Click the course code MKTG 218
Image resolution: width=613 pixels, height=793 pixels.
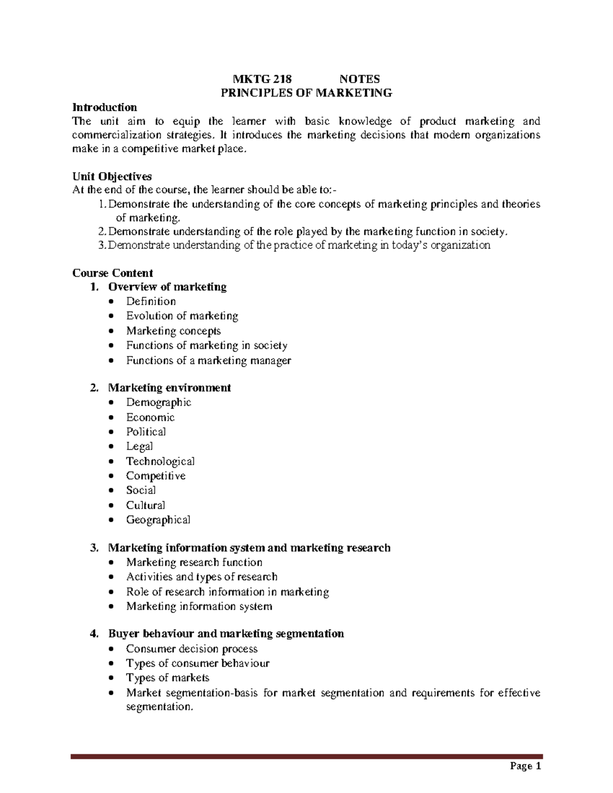(x=262, y=79)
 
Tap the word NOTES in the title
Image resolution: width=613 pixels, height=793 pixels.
(x=360, y=79)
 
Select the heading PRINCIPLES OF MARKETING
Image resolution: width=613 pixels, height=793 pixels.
(x=306, y=93)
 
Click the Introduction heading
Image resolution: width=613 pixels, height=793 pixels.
(x=105, y=107)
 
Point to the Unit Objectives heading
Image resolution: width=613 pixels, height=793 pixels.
(x=112, y=177)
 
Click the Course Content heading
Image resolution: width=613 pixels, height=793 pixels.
(x=112, y=273)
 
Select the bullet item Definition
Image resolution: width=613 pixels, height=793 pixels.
(x=151, y=301)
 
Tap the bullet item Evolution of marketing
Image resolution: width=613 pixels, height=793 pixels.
(x=182, y=316)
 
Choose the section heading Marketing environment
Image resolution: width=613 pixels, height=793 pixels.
(x=170, y=388)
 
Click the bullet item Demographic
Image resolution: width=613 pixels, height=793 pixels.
(x=158, y=402)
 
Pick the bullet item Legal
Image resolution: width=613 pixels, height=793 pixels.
(x=139, y=446)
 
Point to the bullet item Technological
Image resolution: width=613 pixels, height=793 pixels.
(x=160, y=461)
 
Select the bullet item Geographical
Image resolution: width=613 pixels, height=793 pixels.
(x=158, y=520)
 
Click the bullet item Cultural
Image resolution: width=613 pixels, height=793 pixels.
(x=146, y=505)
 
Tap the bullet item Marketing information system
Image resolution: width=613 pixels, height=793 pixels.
(x=199, y=607)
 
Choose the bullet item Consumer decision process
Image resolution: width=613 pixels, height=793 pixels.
(x=192, y=649)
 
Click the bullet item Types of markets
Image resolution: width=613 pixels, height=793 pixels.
(x=168, y=678)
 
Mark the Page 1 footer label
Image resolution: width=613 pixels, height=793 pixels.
(x=525, y=766)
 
